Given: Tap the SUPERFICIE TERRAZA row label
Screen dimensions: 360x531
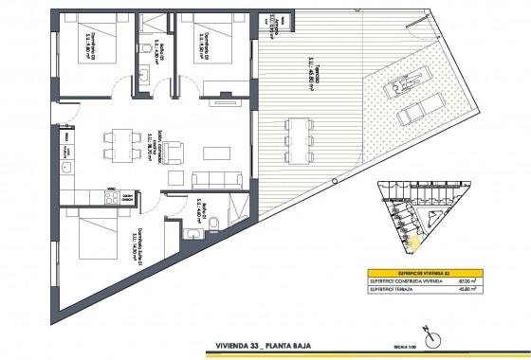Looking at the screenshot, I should point(391,290).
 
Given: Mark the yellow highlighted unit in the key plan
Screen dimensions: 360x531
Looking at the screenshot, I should point(413,240).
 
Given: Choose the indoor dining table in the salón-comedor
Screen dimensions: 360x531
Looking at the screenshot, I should point(119,141).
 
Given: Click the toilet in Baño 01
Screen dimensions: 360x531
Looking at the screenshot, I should point(216,224).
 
